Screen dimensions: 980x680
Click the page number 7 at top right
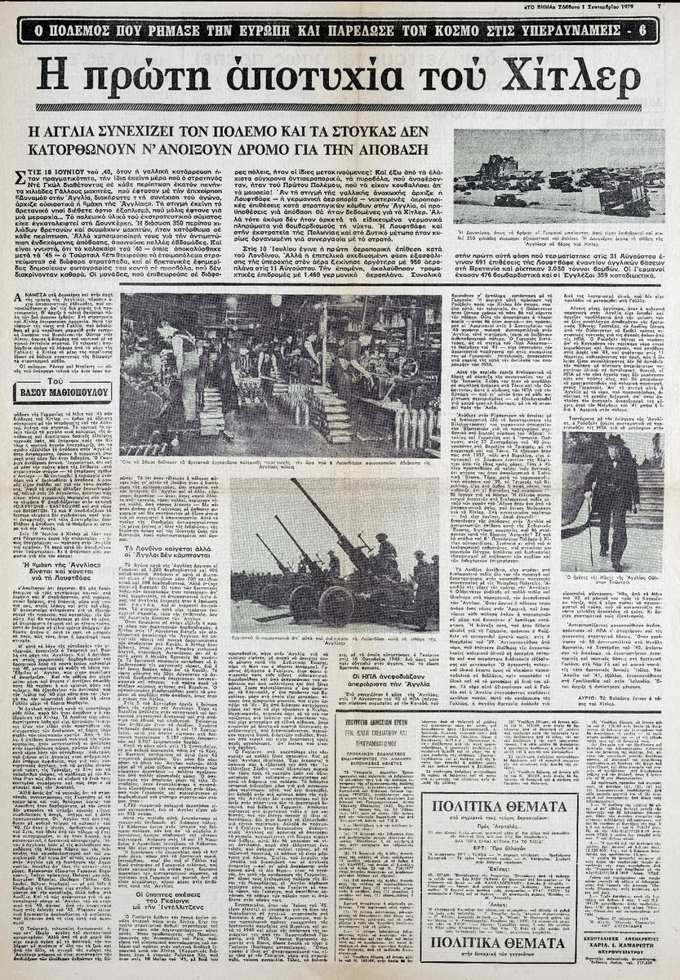click(658, 7)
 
